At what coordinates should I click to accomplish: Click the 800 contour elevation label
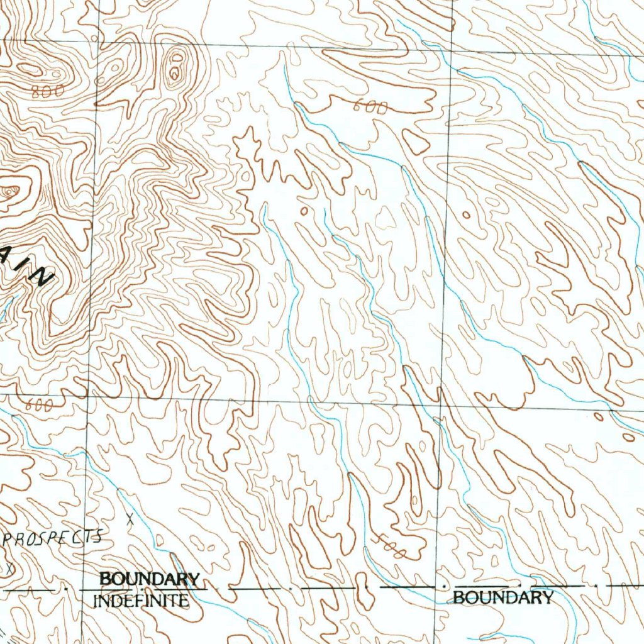48,91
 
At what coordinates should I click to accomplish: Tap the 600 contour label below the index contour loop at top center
370,108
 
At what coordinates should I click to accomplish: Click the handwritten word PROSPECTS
53,538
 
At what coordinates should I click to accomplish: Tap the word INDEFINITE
141,601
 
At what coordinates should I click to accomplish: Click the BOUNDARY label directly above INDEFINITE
150,579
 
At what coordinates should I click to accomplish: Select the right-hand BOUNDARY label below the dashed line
503,597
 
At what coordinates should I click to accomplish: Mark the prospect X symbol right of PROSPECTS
130,519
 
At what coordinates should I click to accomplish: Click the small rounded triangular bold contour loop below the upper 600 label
416,142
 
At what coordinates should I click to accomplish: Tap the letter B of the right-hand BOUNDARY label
458,597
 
